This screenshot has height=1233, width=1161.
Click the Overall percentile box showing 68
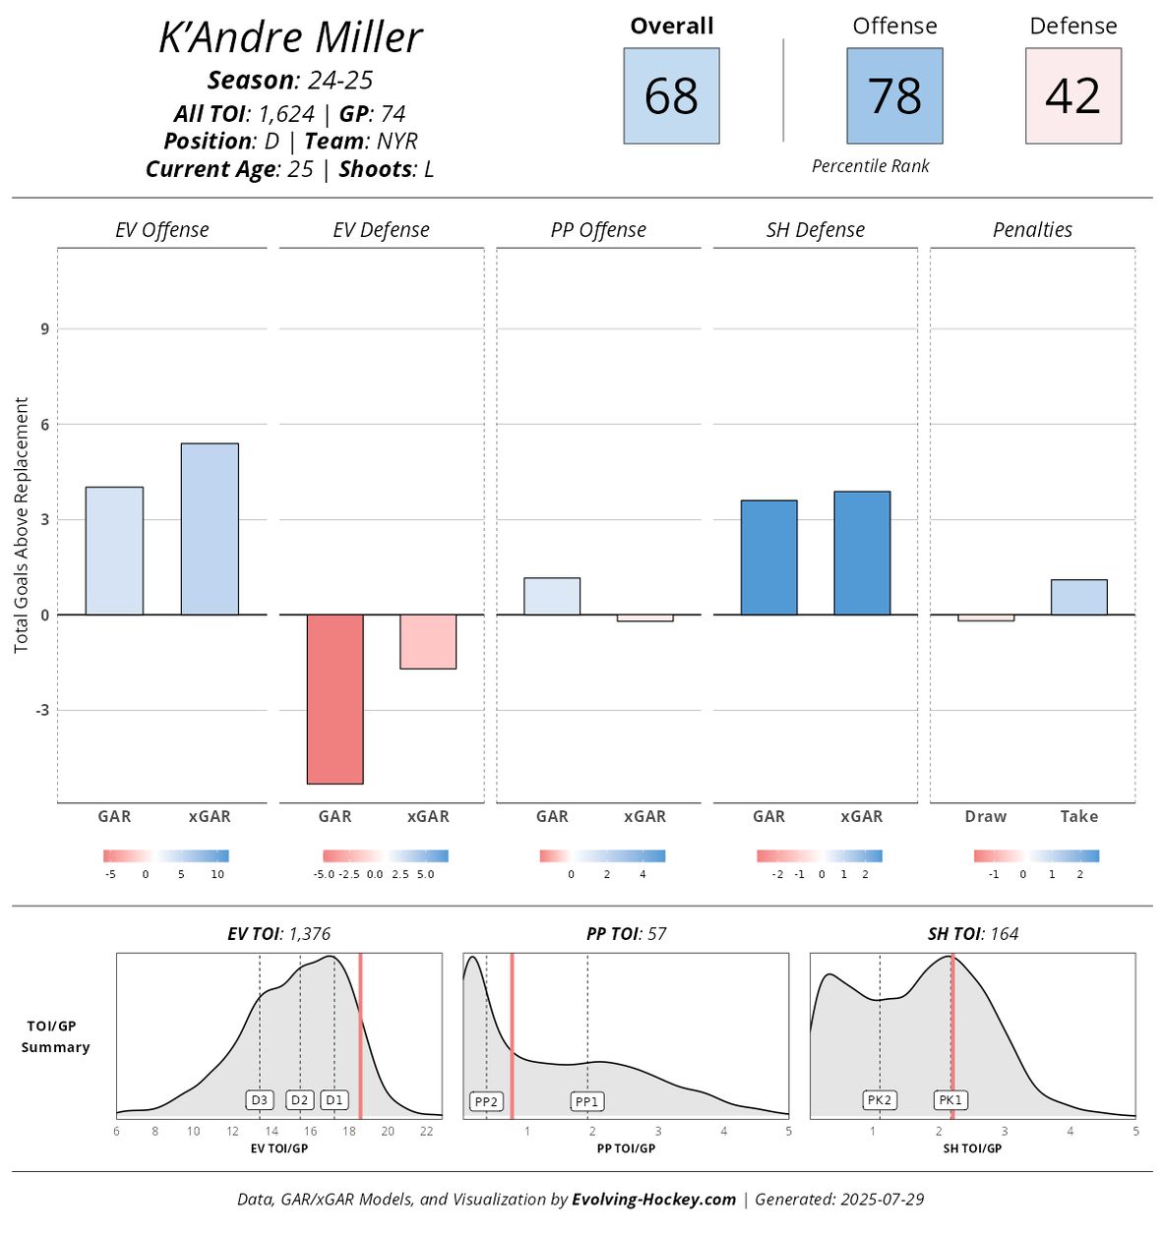671,96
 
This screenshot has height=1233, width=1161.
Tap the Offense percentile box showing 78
894,96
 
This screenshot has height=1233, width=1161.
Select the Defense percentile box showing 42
1072,96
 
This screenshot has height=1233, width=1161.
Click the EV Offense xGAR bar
210,529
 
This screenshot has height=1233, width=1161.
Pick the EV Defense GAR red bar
335,699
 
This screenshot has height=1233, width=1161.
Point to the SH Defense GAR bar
768,558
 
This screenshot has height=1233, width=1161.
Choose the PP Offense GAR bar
552,596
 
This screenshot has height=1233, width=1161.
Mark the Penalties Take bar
1078,597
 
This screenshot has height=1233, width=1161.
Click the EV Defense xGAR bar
428,641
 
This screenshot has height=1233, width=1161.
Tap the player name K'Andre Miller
290,37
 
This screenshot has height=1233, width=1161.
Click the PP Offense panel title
598,230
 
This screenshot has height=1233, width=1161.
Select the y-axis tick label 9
44,329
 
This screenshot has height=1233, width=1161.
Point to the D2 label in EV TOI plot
300,1100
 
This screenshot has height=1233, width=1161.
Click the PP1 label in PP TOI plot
586,1101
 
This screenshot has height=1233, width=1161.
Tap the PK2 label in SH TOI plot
880,1100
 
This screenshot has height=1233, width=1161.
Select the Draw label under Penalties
986,816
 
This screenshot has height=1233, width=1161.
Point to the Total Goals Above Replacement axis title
22,525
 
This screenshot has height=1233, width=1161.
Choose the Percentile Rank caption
870,166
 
